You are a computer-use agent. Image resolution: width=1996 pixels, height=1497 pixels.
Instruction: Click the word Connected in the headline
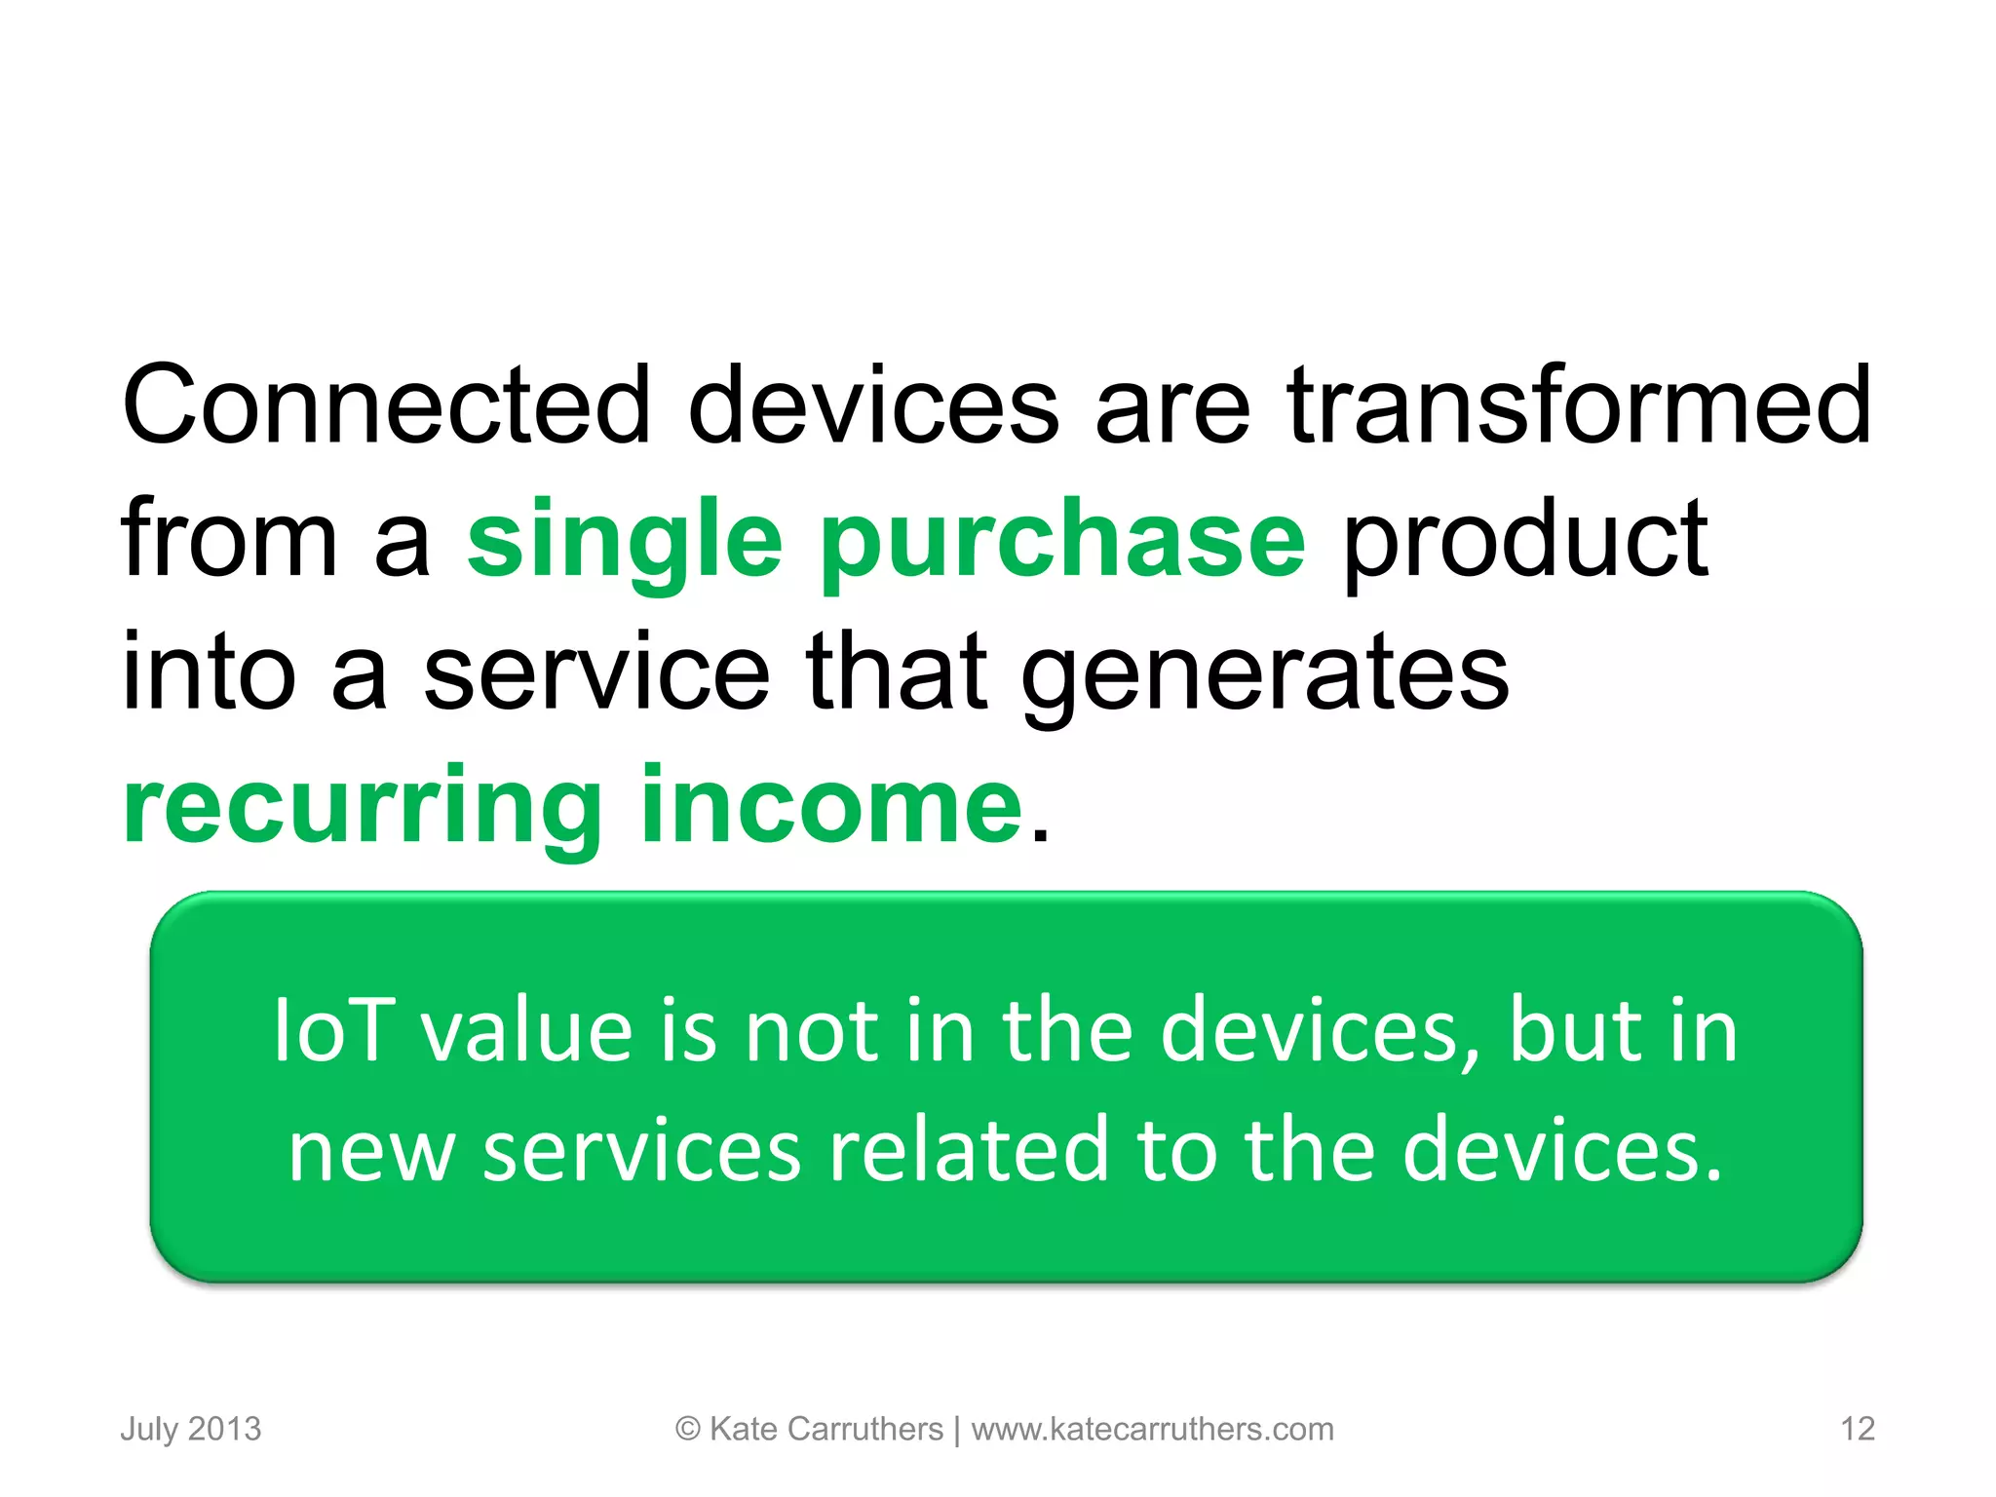point(386,404)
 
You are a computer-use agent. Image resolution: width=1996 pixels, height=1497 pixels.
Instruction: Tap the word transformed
point(1578,404)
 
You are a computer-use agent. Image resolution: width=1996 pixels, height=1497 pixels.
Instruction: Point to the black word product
point(1524,539)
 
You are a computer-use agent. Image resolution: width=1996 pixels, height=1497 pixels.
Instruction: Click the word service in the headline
point(596,672)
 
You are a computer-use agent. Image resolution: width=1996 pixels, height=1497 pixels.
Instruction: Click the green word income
point(831,807)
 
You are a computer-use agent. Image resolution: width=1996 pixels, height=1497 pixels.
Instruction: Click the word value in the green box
point(527,1031)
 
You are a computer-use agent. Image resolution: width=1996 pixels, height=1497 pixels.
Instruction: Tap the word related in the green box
point(969,1151)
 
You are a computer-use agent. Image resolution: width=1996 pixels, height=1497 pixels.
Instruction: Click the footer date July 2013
point(191,1429)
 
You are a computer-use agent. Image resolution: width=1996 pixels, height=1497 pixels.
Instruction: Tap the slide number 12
point(1857,1429)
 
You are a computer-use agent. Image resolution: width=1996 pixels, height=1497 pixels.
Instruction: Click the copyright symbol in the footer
point(687,1429)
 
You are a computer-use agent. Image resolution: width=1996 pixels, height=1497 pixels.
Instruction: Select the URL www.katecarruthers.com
point(1152,1429)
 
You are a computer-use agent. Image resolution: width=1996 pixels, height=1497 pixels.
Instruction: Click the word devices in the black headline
point(873,404)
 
